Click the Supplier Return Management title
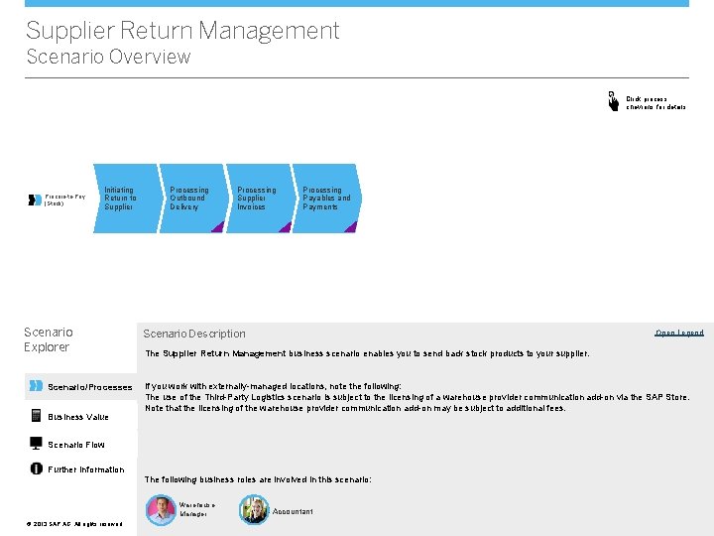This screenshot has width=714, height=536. pyautogui.click(x=182, y=31)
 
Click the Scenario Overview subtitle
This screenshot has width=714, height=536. pyautogui.click(x=108, y=57)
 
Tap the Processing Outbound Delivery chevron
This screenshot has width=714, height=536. pyautogui.click(x=189, y=199)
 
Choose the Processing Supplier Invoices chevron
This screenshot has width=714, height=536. pyautogui.click(x=257, y=199)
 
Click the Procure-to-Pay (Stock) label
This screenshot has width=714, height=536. pyautogui.click(x=65, y=200)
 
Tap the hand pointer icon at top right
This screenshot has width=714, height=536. pyautogui.click(x=613, y=100)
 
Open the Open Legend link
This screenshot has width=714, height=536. pyautogui.click(x=679, y=333)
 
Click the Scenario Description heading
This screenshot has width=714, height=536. pyautogui.click(x=194, y=334)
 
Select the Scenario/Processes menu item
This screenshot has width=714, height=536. pyautogui.click(x=89, y=387)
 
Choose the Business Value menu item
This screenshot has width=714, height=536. pyautogui.click(x=78, y=417)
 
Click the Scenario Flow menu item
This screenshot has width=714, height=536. pyautogui.click(x=76, y=445)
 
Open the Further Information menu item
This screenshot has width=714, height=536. pyautogui.click(x=86, y=469)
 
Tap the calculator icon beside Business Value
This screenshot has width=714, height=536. pyautogui.click(x=37, y=416)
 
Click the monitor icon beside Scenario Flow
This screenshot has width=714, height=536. pyautogui.click(x=37, y=444)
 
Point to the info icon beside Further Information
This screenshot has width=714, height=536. pyautogui.click(x=37, y=469)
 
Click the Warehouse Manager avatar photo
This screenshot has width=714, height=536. pyautogui.click(x=161, y=510)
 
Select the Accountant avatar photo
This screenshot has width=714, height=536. pyautogui.click(x=254, y=510)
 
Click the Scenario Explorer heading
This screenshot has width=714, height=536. pyautogui.click(x=49, y=339)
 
